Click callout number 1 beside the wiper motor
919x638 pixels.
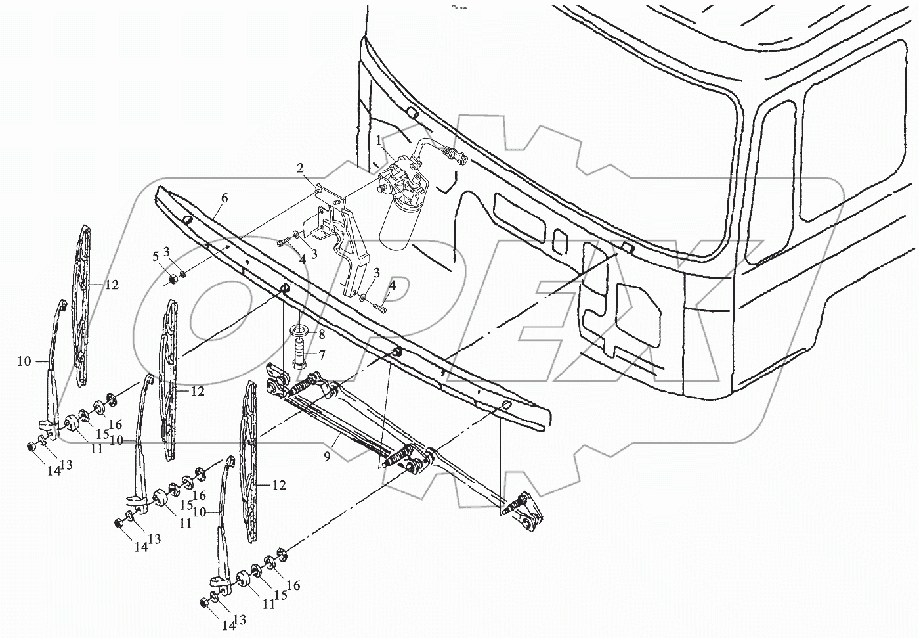pyautogui.click(x=379, y=139)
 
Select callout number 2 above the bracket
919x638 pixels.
pyautogui.click(x=300, y=168)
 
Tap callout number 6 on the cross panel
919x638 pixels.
pyautogui.click(x=224, y=198)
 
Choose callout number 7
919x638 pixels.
pyautogui.click(x=322, y=355)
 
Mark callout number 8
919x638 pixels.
pyautogui.click(x=322, y=334)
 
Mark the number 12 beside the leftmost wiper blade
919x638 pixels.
pyautogui.click(x=112, y=285)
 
